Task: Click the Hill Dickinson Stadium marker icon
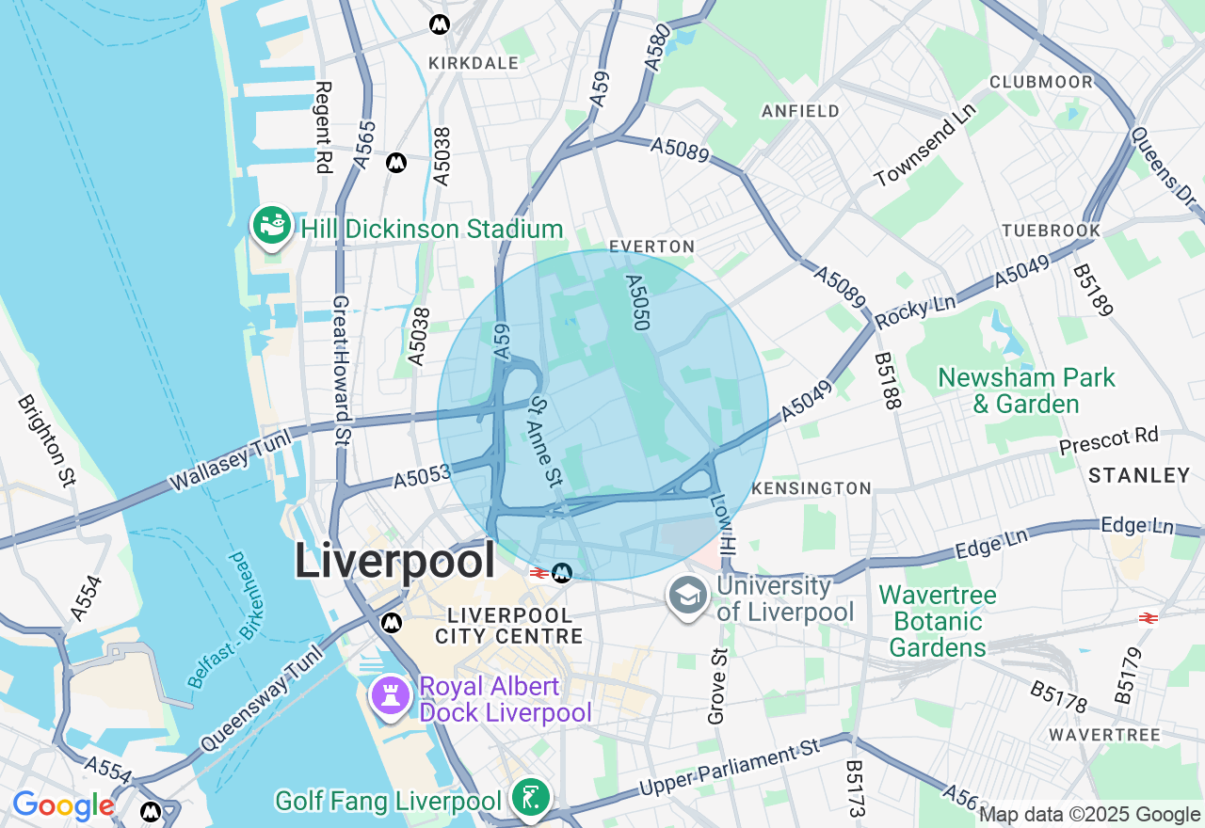[x=272, y=226]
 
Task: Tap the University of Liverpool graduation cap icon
[x=687, y=597]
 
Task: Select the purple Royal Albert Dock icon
[x=388, y=695]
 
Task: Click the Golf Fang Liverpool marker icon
[x=528, y=798]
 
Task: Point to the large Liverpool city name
[x=394, y=562]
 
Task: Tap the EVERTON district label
[x=651, y=247]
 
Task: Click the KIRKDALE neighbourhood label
[x=474, y=63]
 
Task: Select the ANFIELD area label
[x=800, y=111]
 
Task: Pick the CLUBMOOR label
[x=1041, y=82]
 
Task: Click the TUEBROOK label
[x=1052, y=231]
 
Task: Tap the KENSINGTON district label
[x=811, y=488]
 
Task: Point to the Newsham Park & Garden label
[x=1026, y=391]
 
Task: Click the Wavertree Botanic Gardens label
[x=938, y=621]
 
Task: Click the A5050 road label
[x=638, y=302]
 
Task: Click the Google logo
[x=63, y=806]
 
